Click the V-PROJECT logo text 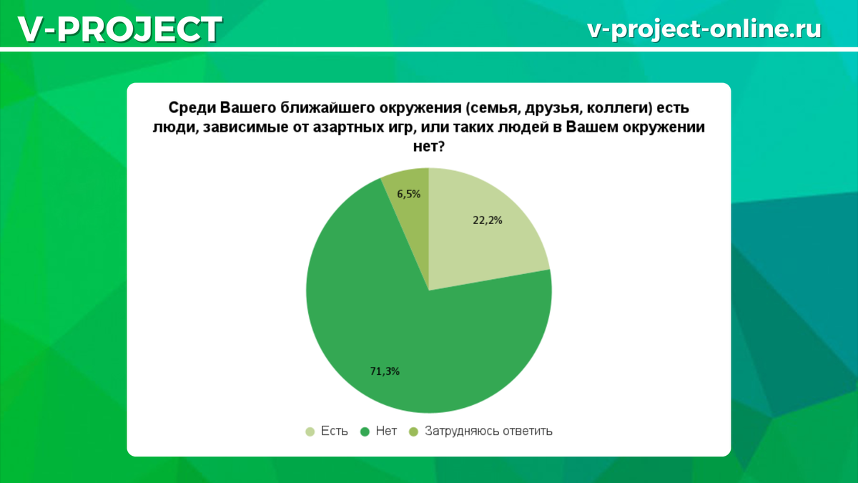tap(120, 29)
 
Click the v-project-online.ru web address tap(704, 29)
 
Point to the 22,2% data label tap(487, 220)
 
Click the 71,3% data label tap(385, 371)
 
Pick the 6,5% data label tap(409, 195)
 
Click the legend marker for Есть tap(310, 431)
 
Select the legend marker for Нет tap(365, 431)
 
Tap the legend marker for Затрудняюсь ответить tap(414, 431)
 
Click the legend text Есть tap(334, 431)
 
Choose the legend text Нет tap(386, 431)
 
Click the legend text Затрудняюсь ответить tap(488, 431)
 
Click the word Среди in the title tap(192, 109)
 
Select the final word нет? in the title tap(428, 146)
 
